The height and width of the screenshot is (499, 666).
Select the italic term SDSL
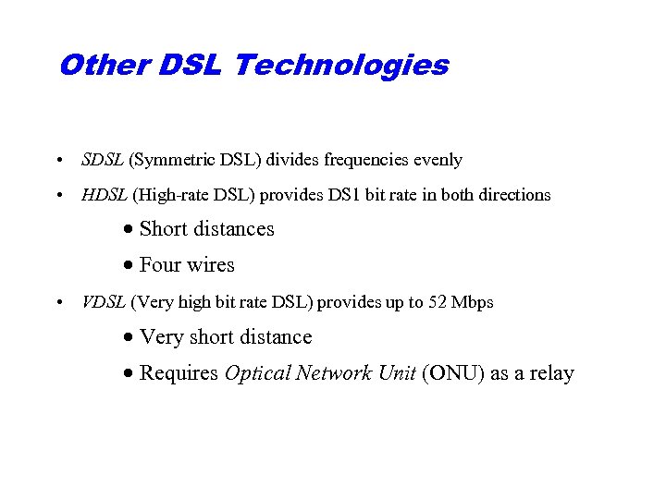[103, 160]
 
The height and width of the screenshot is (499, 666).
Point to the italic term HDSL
[105, 195]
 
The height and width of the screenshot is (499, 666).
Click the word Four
[160, 265]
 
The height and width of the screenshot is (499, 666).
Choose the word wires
[211, 265]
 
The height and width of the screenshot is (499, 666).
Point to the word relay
[552, 373]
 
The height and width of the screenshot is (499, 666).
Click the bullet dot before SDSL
[58, 161]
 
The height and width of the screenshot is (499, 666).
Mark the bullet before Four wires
[129, 266]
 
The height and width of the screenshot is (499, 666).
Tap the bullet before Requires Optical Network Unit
[129, 374]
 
